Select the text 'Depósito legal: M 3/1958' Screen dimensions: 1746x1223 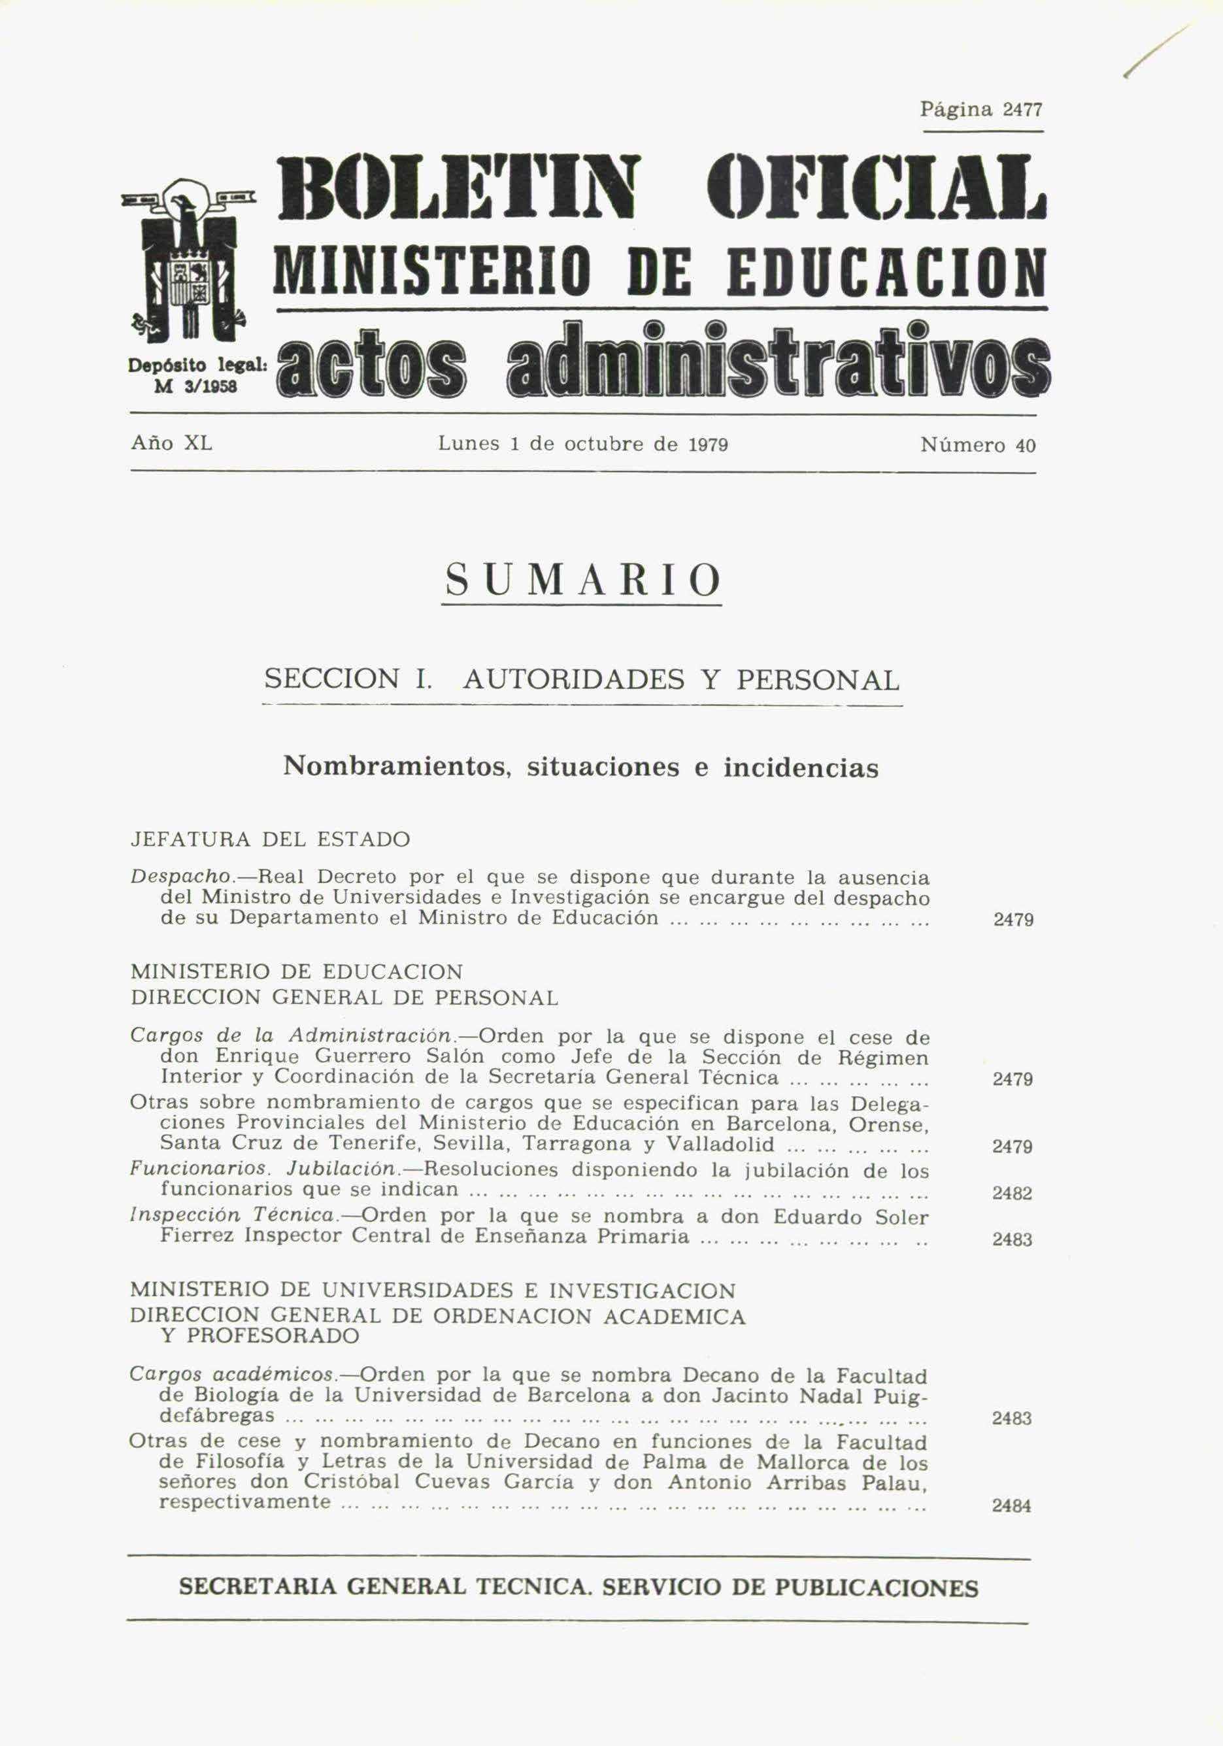[196, 375]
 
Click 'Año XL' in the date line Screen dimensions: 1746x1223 [171, 443]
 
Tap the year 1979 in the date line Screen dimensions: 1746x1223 [708, 444]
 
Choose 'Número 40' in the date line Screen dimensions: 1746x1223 [977, 445]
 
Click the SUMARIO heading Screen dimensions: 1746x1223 [582, 581]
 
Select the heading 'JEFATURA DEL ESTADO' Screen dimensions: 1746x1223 [270, 839]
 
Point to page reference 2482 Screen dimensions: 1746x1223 [1012, 1194]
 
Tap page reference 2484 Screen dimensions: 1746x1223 [1012, 1505]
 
